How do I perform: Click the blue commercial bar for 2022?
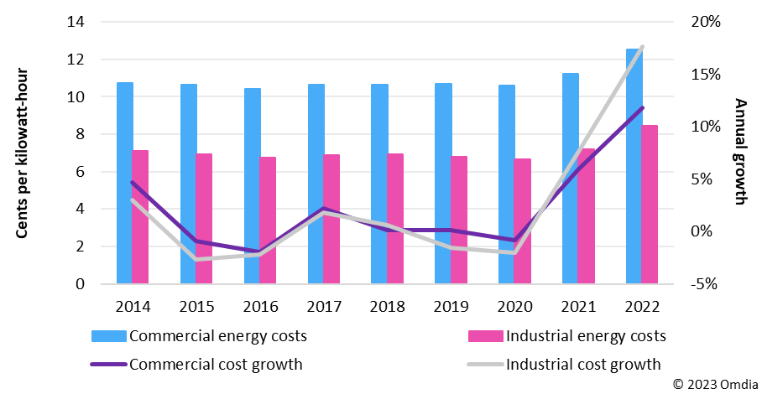pyautogui.click(x=634, y=168)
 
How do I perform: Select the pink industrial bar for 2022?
pyautogui.click(x=650, y=205)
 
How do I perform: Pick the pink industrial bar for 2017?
pyautogui.click(x=331, y=219)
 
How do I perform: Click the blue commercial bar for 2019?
pyautogui.click(x=443, y=184)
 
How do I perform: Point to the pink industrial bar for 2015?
pyautogui.click(x=204, y=219)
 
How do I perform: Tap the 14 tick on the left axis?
pyautogui.click(x=76, y=23)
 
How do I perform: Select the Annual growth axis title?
pyautogui.click(x=740, y=153)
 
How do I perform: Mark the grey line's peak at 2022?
pyautogui.click(x=642, y=47)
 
